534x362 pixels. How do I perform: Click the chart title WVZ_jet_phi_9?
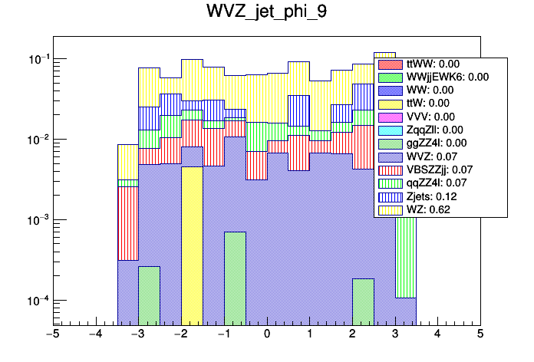pos(266,13)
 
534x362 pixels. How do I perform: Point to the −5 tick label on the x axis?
pos(53,334)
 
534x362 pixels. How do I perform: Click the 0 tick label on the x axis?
pos(267,334)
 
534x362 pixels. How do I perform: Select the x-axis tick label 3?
pos(395,334)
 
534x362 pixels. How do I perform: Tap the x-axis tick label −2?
pos(181,334)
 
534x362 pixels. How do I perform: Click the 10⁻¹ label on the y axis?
pos(38,59)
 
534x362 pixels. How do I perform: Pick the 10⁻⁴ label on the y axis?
pos(38,300)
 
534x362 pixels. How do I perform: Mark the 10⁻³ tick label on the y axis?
pos(38,220)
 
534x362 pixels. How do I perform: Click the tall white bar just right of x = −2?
pos(192,245)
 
